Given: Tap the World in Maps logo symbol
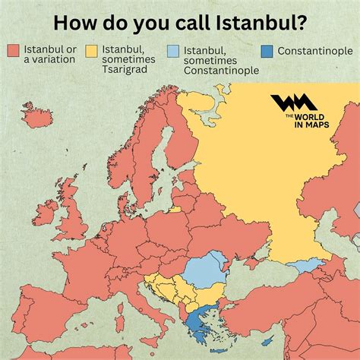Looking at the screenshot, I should (289, 106).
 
